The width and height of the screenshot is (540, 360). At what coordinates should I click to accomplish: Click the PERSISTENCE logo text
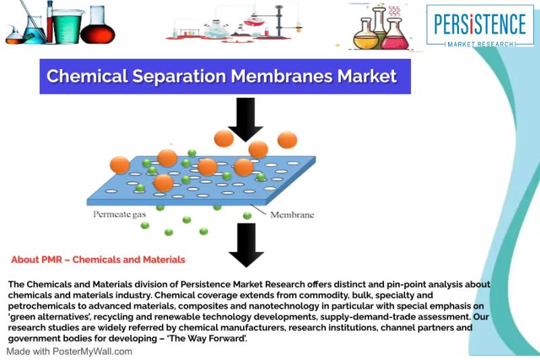[x=480, y=24]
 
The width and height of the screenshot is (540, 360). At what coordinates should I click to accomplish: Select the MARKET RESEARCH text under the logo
[x=481, y=44]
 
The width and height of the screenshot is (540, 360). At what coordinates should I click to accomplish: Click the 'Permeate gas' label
[x=119, y=214]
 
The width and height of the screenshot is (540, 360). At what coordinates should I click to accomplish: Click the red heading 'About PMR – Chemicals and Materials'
[x=98, y=259]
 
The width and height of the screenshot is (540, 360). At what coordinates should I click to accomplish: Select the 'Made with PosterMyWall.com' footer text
[x=70, y=351]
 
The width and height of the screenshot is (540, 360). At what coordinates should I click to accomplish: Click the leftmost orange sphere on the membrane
[x=119, y=165]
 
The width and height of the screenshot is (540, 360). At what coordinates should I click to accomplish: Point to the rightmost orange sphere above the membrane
[x=287, y=140]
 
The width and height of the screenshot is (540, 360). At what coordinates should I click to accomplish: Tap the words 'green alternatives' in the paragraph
[x=47, y=317]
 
